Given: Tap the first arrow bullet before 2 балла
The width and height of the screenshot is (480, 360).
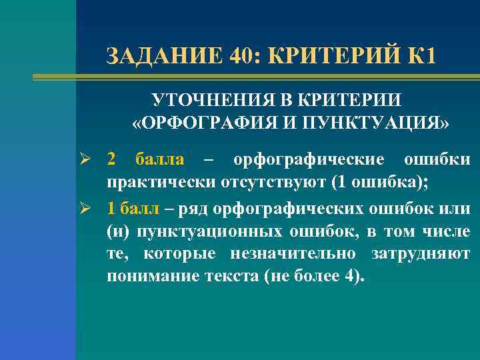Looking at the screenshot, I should [91, 160].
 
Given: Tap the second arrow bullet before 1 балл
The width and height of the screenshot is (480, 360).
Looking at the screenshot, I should [91, 209].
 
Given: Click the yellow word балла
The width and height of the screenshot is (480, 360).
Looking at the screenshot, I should [160, 160].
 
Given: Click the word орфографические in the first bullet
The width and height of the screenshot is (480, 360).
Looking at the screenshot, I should [309, 160].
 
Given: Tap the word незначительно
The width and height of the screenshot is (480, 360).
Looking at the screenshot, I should [290, 254].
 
